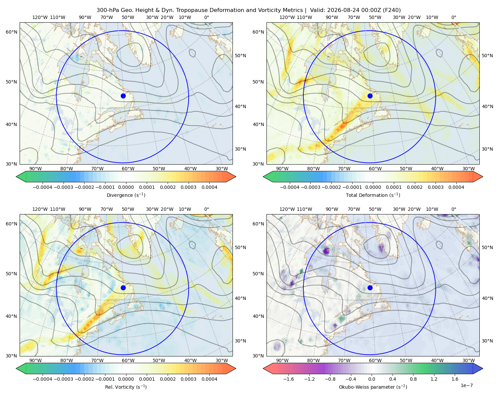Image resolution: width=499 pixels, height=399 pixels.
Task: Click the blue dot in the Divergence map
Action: (x=123, y=96)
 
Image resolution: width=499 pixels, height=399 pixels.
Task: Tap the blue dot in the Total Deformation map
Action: (x=370, y=96)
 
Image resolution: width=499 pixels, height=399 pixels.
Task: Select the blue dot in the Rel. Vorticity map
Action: (x=123, y=288)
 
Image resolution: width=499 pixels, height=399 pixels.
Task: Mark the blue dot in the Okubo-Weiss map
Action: (x=370, y=288)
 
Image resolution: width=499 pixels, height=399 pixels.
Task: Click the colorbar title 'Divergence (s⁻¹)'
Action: (x=126, y=195)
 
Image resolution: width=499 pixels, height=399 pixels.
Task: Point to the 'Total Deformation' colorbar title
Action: (x=373, y=195)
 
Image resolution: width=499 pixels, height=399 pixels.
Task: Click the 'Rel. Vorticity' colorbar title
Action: (x=126, y=387)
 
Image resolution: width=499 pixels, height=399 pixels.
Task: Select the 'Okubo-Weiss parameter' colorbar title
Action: (x=373, y=387)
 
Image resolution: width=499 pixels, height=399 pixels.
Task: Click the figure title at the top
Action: (x=249, y=10)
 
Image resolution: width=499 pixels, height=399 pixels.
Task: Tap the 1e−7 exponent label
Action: (x=466, y=386)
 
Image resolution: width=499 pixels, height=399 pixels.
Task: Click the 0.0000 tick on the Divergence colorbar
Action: (x=126, y=187)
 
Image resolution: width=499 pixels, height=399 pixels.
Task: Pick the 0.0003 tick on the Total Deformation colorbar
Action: (x=435, y=187)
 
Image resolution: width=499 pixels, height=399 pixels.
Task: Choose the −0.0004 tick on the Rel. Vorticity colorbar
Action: (x=43, y=379)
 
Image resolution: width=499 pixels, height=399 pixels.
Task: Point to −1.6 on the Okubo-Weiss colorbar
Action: (x=288, y=379)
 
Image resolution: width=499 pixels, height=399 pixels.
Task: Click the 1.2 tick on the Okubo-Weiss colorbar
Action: (x=434, y=379)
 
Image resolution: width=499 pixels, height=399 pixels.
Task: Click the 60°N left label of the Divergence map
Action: (x=11, y=32)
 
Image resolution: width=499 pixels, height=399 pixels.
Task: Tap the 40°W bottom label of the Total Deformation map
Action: (x=437, y=169)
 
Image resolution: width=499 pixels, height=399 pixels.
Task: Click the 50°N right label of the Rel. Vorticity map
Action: (x=241, y=247)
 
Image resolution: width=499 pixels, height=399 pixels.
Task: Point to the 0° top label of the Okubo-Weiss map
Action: (x=453, y=209)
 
